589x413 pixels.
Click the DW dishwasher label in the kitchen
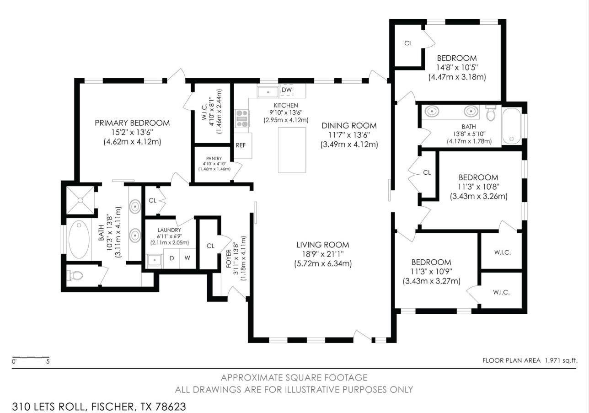(x=287, y=90)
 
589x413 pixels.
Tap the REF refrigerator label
(x=241, y=145)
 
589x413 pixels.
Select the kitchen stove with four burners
(x=242, y=118)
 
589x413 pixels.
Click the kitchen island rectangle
(x=292, y=150)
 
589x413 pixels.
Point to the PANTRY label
(x=214, y=158)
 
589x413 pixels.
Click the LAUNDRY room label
(x=169, y=230)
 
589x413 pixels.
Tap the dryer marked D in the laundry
(x=171, y=258)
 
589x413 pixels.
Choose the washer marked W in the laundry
(x=187, y=258)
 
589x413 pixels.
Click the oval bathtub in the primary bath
(x=79, y=240)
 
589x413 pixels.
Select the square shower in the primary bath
(x=80, y=200)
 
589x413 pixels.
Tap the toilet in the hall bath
(x=491, y=113)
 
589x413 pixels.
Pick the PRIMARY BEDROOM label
(x=132, y=123)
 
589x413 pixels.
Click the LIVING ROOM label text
(x=323, y=245)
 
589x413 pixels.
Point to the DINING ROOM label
(x=349, y=126)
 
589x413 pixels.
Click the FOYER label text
(x=229, y=258)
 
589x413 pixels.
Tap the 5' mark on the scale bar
(x=48, y=361)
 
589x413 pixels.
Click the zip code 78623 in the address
(x=171, y=407)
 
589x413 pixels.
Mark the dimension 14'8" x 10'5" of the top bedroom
(x=457, y=68)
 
